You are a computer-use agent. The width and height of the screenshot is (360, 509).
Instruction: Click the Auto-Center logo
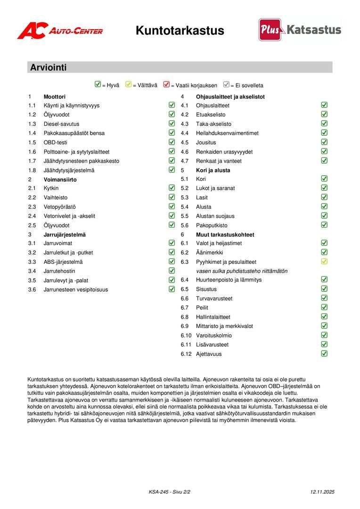[60, 31]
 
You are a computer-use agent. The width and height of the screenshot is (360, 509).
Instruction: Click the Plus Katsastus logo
[300, 30]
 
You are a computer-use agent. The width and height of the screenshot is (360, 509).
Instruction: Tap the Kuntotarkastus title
[180, 31]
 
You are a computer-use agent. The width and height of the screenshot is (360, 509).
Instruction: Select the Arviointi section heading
[48, 67]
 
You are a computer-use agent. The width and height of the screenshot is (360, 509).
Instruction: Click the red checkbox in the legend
[166, 85]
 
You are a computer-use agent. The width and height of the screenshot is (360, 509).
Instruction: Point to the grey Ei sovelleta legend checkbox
[226, 85]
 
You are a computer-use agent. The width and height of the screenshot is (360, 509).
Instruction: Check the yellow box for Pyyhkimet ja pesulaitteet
[324, 262]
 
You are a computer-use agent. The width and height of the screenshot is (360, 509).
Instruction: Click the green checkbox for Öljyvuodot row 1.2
[172, 114]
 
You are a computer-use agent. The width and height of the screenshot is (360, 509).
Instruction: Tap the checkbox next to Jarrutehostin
[172, 271]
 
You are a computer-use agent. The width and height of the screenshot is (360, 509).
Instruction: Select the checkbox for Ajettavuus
[324, 353]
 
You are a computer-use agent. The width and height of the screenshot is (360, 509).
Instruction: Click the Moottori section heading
[54, 97]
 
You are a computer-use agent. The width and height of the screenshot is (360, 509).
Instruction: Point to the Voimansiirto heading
[60, 180]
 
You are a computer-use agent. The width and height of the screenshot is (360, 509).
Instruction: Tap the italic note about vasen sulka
[242, 271]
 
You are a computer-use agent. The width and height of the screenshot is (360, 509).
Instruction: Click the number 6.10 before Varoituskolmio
[186, 336]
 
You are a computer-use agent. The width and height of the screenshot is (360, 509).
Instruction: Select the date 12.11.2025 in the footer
[322, 492]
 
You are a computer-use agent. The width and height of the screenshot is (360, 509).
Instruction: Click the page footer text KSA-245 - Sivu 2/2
[170, 492]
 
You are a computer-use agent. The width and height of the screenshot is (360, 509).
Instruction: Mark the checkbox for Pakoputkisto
[324, 225]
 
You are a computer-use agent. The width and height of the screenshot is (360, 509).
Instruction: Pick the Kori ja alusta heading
[213, 170]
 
